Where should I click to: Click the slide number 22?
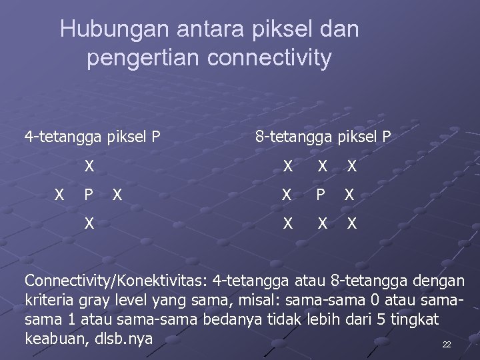coord(447,345)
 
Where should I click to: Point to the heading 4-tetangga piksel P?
coord(93,137)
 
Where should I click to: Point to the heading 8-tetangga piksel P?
coord(324,137)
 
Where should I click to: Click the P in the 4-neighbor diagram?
coord(88,195)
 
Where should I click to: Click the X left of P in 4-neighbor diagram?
coord(59,195)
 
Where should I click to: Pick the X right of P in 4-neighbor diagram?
coord(117,195)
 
